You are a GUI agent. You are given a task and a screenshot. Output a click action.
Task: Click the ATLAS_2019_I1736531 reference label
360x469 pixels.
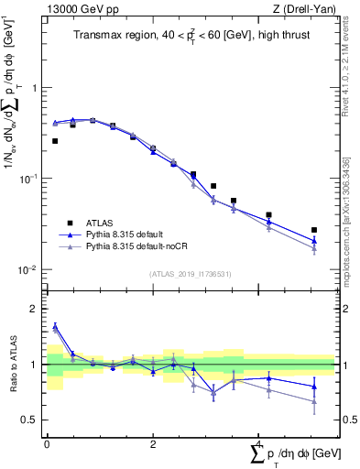pyautogui.click(x=190, y=274)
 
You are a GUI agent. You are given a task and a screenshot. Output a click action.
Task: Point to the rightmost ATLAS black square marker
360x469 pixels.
pyautogui.click(x=314, y=230)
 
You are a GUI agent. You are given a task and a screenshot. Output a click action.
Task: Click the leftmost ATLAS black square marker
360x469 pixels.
pyautogui.click(x=55, y=141)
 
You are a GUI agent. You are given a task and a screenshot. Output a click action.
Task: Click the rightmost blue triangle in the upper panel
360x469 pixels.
pyautogui.click(x=314, y=241)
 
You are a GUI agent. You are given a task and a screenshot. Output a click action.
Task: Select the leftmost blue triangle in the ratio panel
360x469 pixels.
pyautogui.click(x=55, y=326)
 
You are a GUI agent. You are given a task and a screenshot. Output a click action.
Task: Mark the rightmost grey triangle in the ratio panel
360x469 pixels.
pyautogui.click(x=314, y=401)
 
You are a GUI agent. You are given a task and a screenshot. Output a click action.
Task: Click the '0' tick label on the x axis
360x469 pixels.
pyautogui.click(x=47, y=444)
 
